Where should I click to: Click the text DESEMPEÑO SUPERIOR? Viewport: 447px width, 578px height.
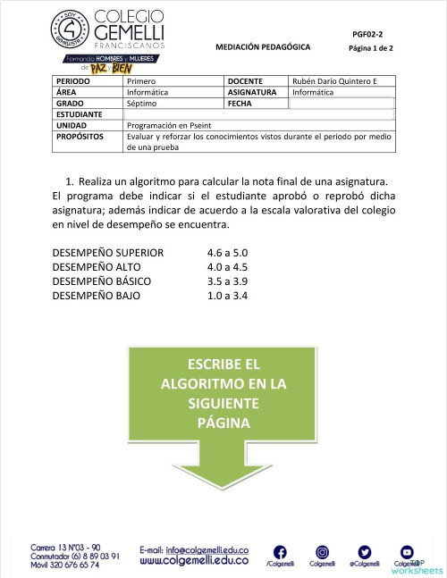108,252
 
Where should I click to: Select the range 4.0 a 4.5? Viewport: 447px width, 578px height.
227,266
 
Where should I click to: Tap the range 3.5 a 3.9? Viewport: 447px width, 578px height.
227,281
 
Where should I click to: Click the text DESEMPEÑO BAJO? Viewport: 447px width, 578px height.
96,295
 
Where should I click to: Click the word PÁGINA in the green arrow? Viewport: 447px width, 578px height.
223,423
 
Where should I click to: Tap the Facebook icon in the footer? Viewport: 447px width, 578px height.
279,552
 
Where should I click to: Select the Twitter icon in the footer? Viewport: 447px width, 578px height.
364,552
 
